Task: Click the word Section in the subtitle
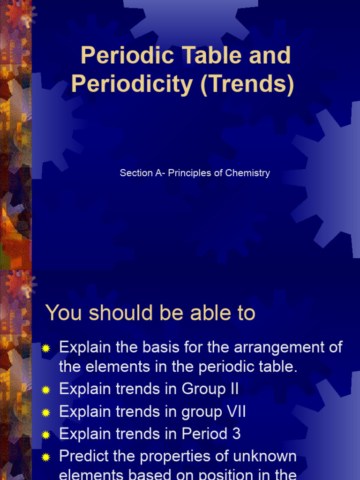tap(136, 173)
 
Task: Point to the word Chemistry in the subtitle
tap(247, 173)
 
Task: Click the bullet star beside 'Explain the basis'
tap(45, 348)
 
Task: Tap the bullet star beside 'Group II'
tap(45, 390)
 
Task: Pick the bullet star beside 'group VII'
tap(45, 412)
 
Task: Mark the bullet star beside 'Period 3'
tap(45, 435)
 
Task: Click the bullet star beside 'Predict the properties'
tap(45, 457)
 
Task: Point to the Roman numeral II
tap(233, 389)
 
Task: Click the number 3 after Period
tap(236, 434)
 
